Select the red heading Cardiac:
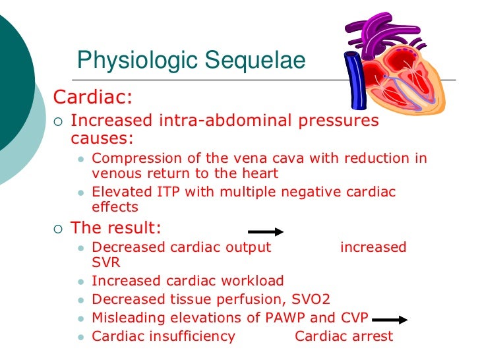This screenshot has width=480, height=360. coord(92,98)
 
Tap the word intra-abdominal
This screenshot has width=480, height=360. coord(218,121)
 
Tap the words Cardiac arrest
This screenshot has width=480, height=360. coord(344,336)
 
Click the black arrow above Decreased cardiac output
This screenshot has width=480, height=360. coord(265,232)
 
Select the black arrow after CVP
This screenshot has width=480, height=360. coord(394,320)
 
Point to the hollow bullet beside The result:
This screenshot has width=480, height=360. coord(57,229)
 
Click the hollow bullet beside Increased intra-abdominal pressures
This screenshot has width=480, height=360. coord(57,121)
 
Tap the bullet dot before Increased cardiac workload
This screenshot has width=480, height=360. coord(81,281)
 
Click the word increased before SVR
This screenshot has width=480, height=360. coord(373,247)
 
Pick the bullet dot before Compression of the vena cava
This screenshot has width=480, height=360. coord(81,160)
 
